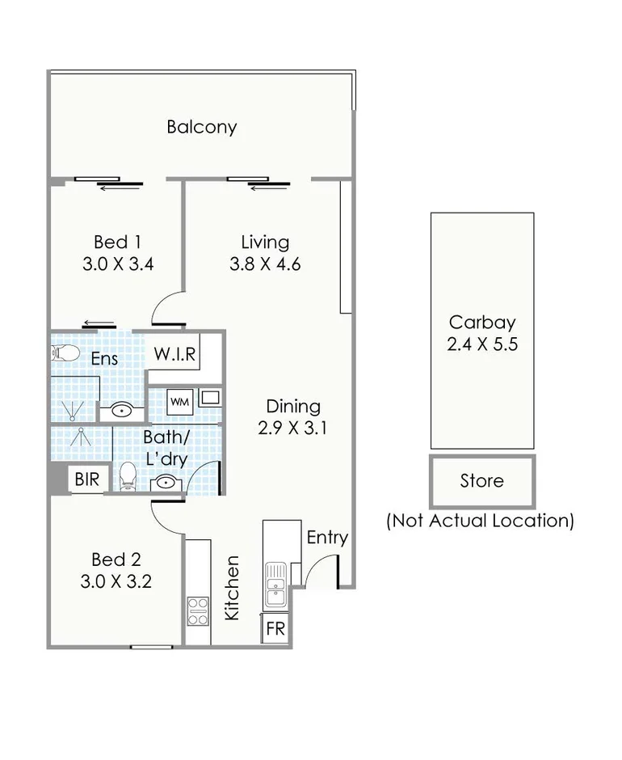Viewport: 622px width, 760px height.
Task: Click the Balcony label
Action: [x=202, y=127]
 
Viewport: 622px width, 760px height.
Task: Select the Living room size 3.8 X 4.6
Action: [x=266, y=264]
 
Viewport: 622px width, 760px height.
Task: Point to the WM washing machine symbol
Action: [x=179, y=400]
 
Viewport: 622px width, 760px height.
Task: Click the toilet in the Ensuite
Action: [x=64, y=353]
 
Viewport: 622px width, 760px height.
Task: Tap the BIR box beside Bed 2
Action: [x=87, y=479]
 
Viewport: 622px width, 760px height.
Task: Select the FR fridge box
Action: [x=275, y=628]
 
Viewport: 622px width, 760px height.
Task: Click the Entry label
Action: [x=327, y=538]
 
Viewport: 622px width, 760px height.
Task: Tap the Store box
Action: [x=482, y=481]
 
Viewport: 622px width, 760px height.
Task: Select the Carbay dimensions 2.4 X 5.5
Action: [x=482, y=344]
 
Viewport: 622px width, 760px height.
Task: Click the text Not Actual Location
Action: [x=481, y=520]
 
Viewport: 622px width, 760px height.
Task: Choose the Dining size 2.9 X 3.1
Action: [x=293, y=429]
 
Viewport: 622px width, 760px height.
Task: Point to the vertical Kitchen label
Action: [x=233, y=588]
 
